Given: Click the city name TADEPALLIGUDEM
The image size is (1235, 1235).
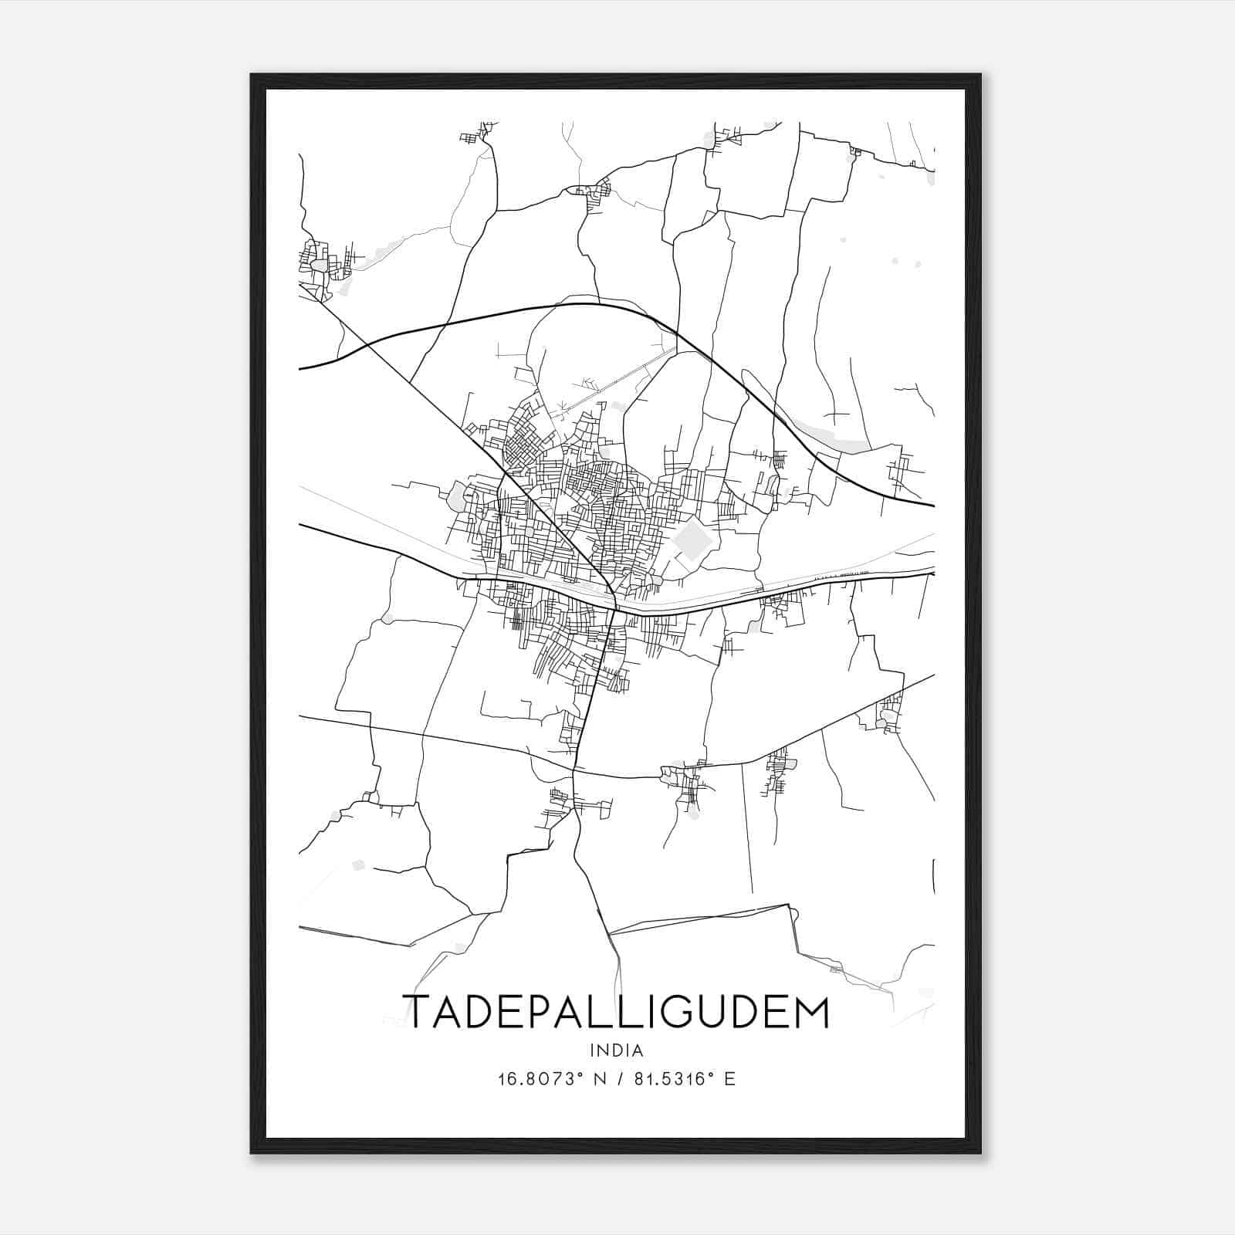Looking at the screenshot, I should tap(616, 1012).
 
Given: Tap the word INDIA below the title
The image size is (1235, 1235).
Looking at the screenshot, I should tap(616, 1051).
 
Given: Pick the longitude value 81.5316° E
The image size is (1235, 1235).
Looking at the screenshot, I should tap(684, 1079).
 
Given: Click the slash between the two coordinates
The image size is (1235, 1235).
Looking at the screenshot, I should tap(617, 1079).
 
